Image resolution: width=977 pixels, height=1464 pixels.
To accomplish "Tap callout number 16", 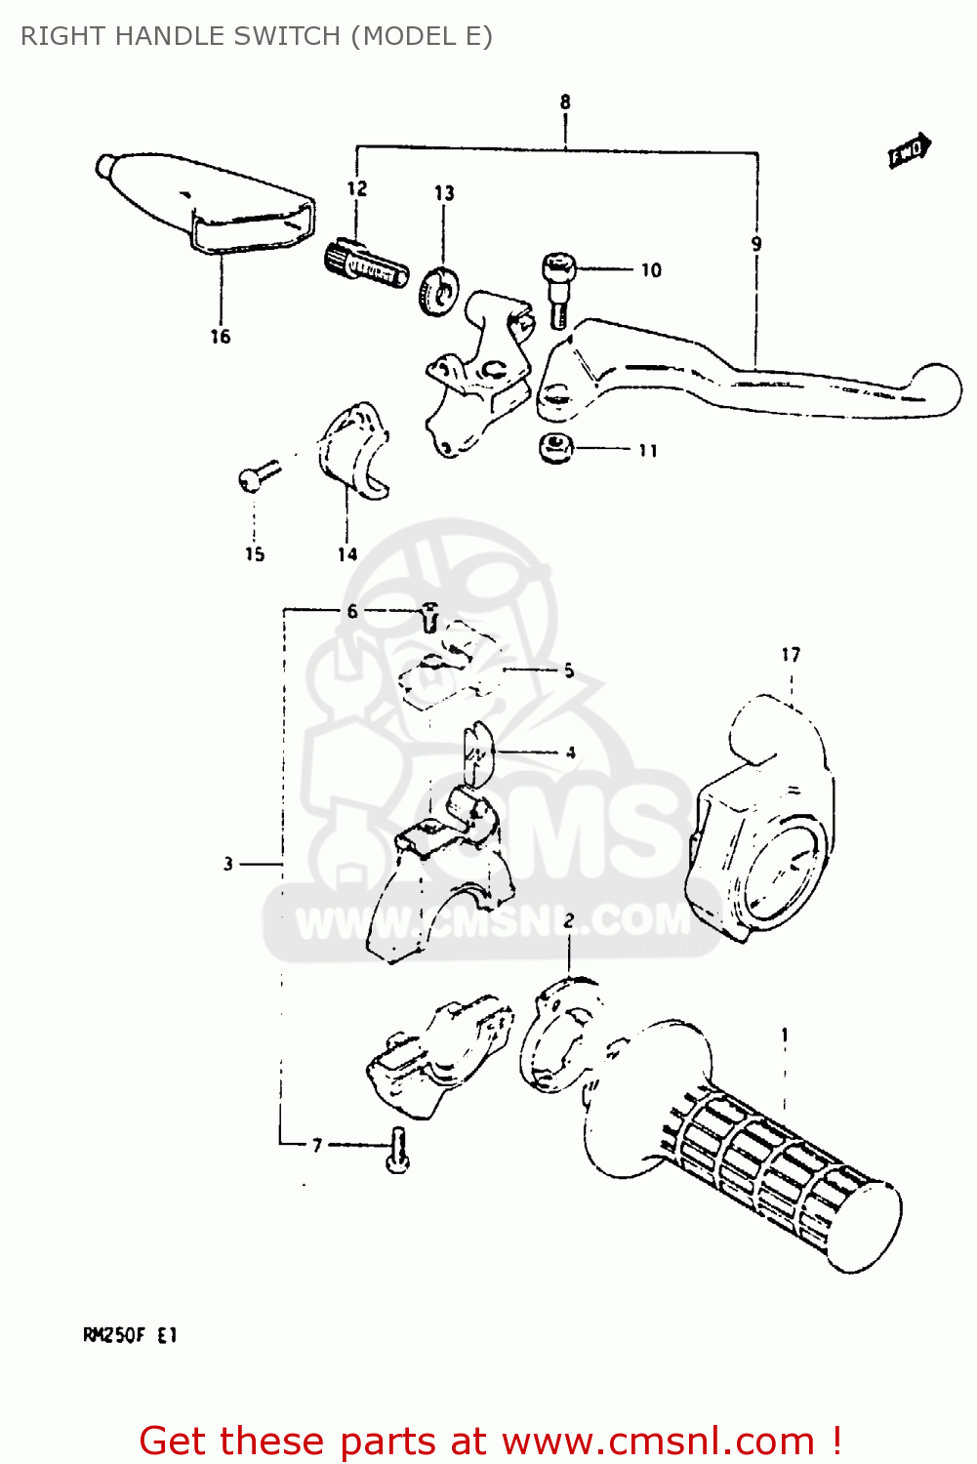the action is pos(221,337).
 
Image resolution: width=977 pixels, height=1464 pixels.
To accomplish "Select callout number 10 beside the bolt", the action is pos(651,270).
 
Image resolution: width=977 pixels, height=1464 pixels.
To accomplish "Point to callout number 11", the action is pos(648,451).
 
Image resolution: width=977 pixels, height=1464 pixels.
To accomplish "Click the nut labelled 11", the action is pos(556,448).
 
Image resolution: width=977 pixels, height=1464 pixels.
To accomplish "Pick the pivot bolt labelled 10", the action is pos(558,286).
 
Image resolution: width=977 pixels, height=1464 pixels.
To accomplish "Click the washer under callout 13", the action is pos(437,290).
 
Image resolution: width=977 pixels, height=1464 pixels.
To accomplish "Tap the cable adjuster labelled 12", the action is pos(365,264).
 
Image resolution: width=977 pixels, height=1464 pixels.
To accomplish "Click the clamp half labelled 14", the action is pos(351,451).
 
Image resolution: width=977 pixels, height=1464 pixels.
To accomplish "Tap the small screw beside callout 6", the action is pos(430,617).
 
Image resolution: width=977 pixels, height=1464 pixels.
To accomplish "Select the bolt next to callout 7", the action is pos(397,1150).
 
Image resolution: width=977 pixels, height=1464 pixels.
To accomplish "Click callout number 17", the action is pos(791,655).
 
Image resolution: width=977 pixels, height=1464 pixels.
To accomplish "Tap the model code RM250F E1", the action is pos(131,1335).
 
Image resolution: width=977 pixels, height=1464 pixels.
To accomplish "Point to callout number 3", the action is pos(228,864).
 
